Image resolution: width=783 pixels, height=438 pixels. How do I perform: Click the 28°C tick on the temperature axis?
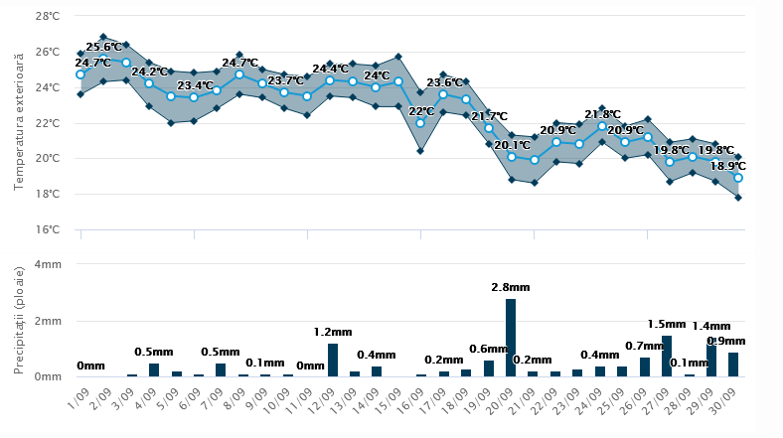pos(48,17)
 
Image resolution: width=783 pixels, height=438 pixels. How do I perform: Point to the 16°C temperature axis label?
pos(48,229)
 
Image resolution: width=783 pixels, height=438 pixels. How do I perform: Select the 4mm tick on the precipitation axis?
pos(47,265)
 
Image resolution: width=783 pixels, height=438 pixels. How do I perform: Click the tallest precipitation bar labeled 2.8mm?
pos(511,338)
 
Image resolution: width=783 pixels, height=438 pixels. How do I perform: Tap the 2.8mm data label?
pos(511,287)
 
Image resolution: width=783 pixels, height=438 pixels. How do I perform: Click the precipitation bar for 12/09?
pos(333,360)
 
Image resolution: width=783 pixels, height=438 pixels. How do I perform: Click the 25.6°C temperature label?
pos(104,47)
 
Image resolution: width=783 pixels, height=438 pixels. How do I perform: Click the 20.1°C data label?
pos(513,145)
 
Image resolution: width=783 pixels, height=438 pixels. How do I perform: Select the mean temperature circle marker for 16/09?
pos(420,123)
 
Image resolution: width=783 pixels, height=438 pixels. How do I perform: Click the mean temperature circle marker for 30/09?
pos(737,178)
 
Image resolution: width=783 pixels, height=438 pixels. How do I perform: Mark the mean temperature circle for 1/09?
pos(80,74)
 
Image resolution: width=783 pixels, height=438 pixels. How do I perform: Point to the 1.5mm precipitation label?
pos(667,324)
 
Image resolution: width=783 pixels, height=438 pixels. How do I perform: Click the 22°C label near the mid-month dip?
pos(421,111)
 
